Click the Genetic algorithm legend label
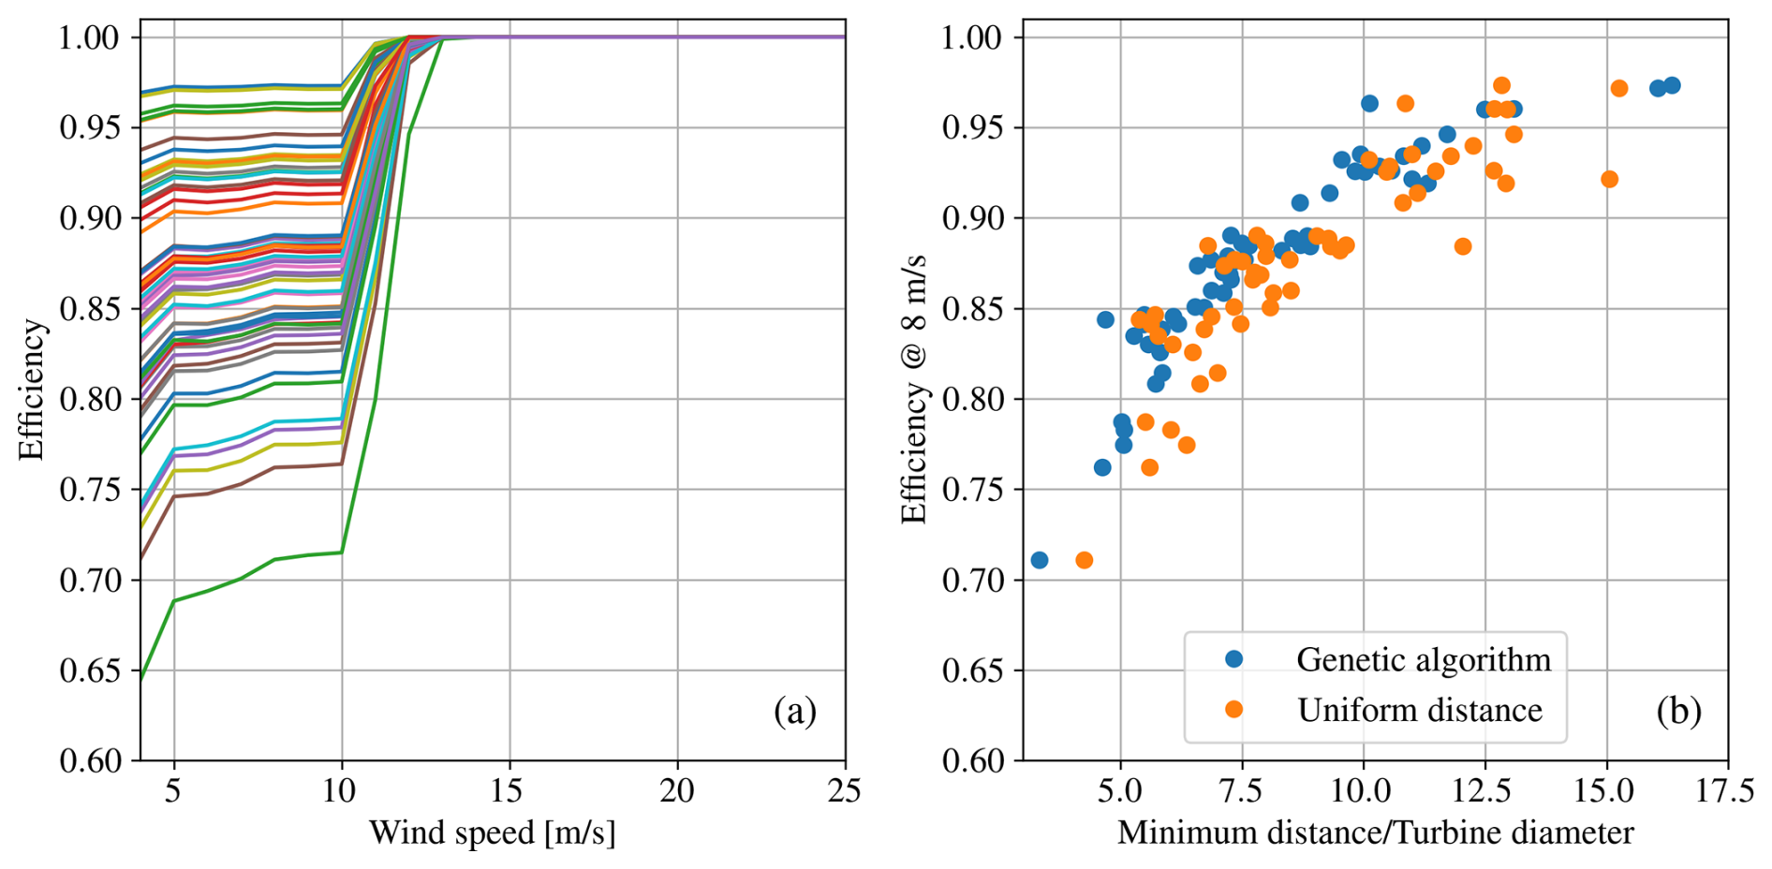1423,660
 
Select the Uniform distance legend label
1419,711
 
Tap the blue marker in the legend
1234,659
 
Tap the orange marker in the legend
1234,710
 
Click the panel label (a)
794,713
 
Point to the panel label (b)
1677,713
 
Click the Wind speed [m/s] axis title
493,832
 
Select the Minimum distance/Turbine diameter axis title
1375,832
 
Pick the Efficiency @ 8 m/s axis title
914,389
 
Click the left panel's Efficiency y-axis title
32,390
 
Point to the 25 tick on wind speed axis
844,792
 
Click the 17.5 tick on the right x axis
1727,792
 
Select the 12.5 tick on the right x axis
1484,792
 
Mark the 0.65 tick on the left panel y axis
90,671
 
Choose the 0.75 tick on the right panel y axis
972,490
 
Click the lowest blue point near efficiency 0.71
1039,561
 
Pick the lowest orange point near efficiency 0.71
1085,561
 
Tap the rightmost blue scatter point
1672,86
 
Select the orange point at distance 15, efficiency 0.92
1609,180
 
